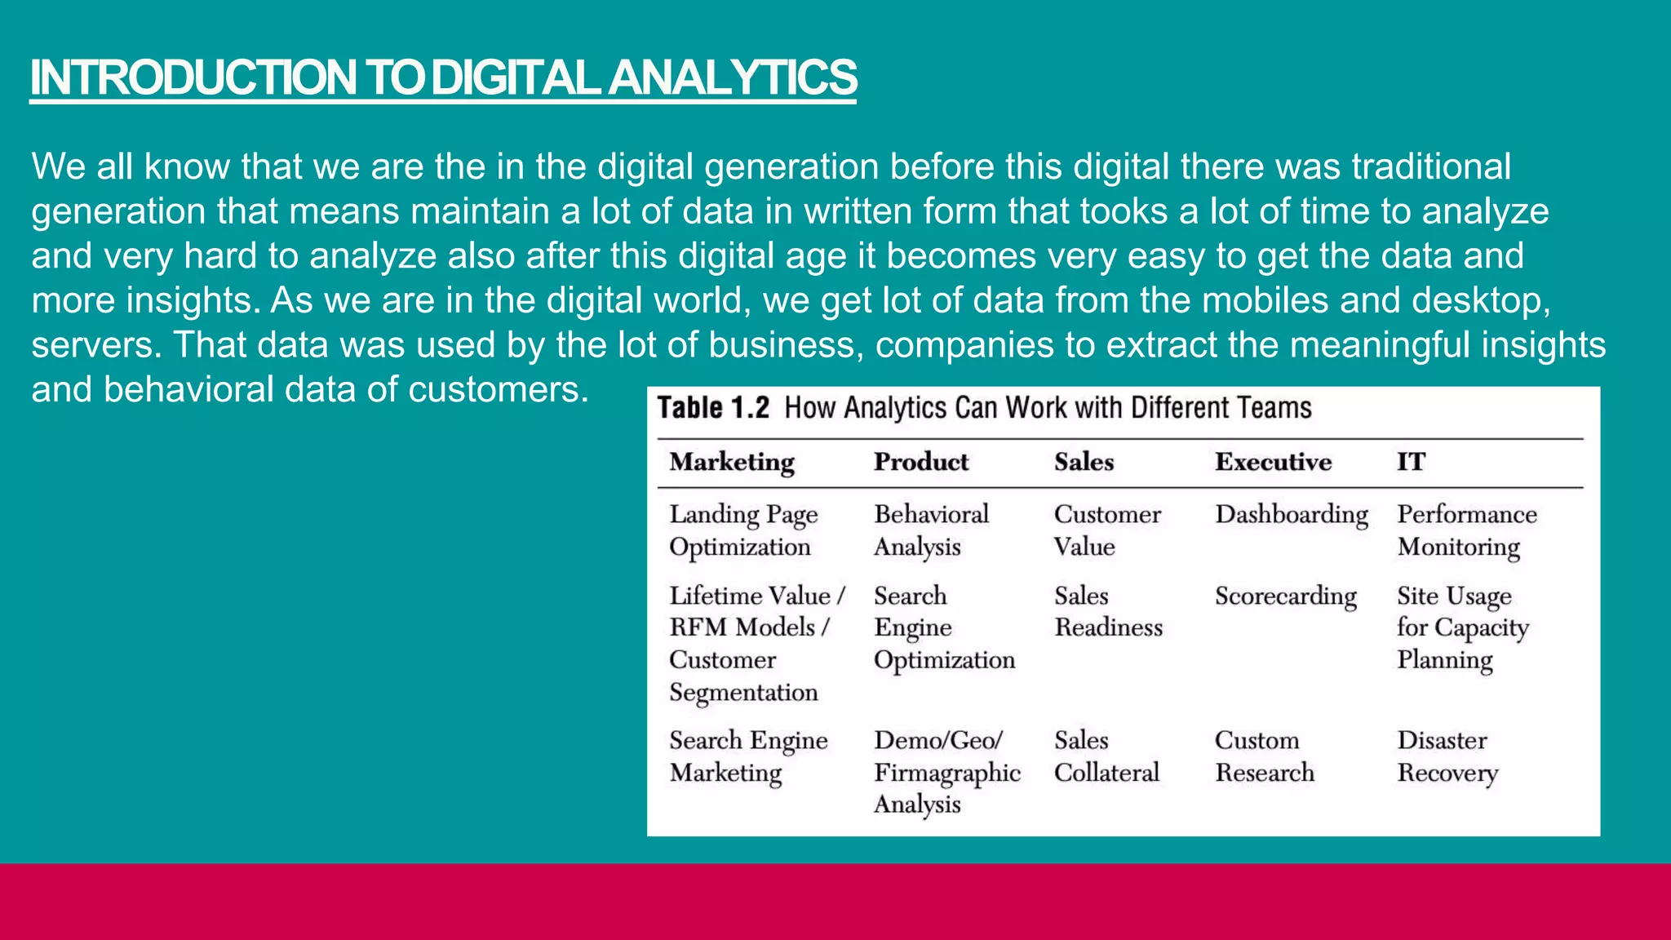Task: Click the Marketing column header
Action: point(732,463)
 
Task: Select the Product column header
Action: point(921,463)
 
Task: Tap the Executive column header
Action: point(1273,463)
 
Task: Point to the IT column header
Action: point(1411,463)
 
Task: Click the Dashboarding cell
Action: point(1291,515)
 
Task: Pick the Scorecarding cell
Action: point(1285,596)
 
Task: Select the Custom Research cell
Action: point(1264,756)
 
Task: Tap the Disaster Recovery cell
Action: point(1447,756)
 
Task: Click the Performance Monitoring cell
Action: point(1466,530)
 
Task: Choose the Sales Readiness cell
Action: point(1107,612)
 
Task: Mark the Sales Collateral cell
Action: point(1106,756)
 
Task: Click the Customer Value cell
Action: point(1106,530)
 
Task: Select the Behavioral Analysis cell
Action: point(931,530)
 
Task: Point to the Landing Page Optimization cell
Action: point(742,530)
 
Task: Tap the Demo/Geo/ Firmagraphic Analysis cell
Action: point(946,772)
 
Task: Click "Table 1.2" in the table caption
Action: point(713,408)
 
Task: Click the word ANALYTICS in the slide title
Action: point(732,78)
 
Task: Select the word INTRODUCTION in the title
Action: point(193,78)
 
